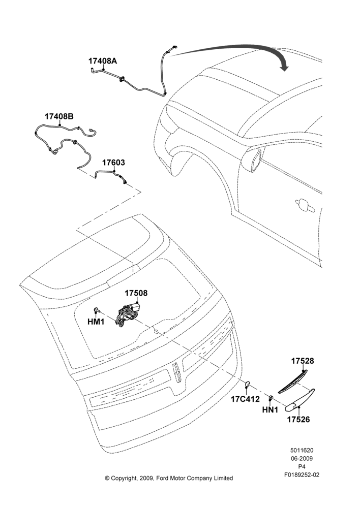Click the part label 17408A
103,61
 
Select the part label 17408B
59,116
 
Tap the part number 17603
113,163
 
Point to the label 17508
136,293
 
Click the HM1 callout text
96,322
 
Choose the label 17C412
245,399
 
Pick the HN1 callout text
270,410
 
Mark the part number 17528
303,361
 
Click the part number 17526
298,420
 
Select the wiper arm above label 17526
299,400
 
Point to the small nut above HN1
270,398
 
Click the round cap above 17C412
247,385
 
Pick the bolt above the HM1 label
97,310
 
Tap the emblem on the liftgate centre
177,372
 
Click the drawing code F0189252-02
302,475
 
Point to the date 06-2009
302,458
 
